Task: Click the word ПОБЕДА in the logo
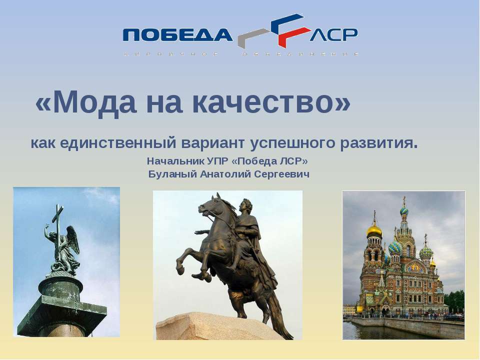click(177, 34)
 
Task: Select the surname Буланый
click(172, 174)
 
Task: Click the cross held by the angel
click(59, 220)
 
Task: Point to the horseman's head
click(246, 206)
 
